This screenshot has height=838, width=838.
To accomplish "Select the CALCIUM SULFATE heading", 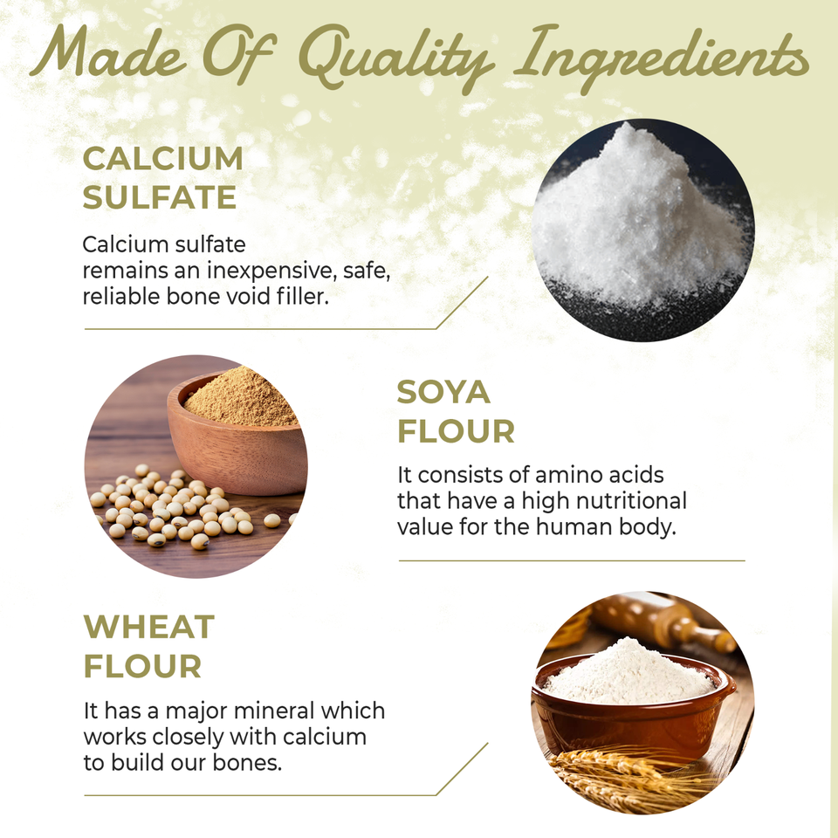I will point(162,178).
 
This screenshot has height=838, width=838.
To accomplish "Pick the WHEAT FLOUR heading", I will point(148,647).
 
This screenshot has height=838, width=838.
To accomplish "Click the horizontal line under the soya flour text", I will point(572,560).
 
